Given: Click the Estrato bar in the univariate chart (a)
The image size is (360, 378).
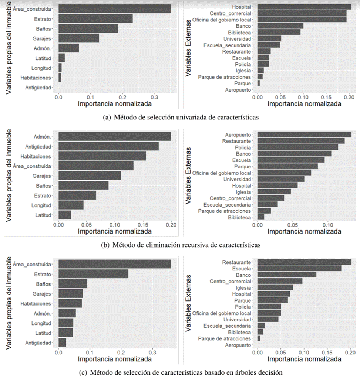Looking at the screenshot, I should (x=95, y=18).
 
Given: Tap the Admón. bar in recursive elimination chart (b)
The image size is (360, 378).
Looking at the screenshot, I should (x=115, y=136).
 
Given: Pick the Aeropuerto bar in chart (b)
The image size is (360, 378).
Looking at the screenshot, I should (x=304, y=134).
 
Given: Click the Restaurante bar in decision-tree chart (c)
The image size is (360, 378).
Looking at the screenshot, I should (x=304, y=262).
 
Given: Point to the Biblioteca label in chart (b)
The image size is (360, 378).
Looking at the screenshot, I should (x=239, y=217).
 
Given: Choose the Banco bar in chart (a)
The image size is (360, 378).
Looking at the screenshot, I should (x=280, y=26).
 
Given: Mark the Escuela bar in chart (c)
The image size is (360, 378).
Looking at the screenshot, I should (x=299, y=268).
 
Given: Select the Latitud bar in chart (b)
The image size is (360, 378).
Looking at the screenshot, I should (x=65, y=215).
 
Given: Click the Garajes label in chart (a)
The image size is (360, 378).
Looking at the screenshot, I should (x=42, y=38).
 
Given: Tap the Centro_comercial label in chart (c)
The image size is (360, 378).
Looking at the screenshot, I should (x=230, y=281).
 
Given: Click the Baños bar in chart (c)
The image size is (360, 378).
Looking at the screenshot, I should (x=73, y=284).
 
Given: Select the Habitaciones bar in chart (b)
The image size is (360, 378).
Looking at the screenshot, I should (x=102, y=156).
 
